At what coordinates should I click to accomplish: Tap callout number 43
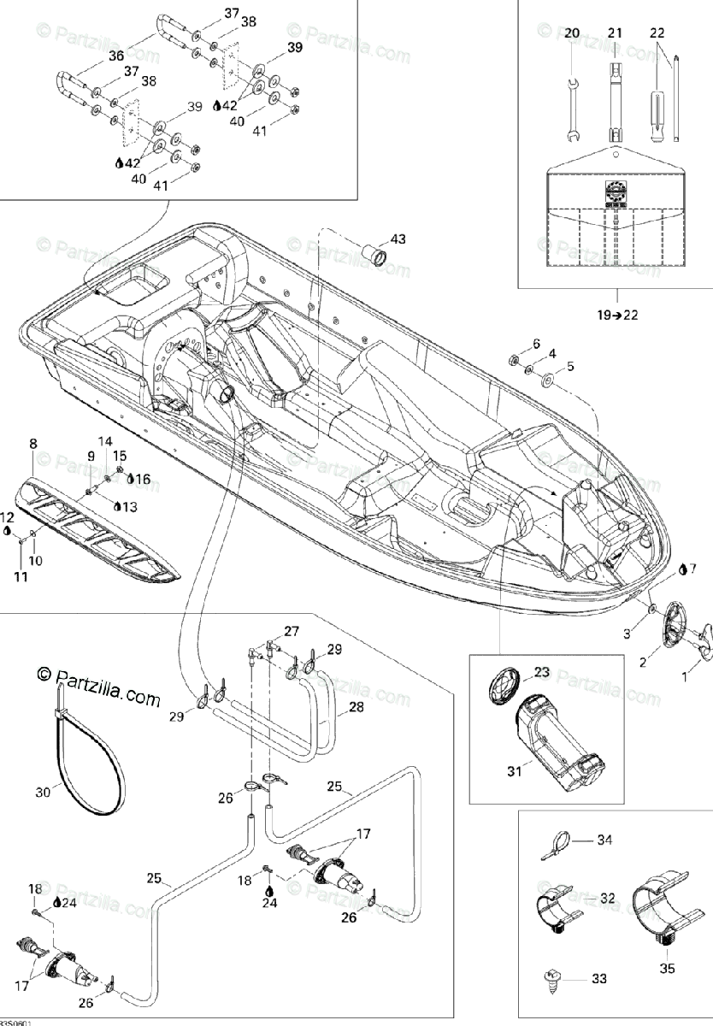pyautogui.click(x=399, y=239)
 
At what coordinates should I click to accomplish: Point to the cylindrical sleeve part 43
pyautogui.click(x=374, y=255)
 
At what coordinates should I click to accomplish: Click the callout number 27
pyautogui.click(x=292, y=632)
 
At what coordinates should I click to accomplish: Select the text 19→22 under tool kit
pyautogui.click(x=617, y=315)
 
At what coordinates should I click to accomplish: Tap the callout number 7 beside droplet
pyautogui.click(x=692, y=568)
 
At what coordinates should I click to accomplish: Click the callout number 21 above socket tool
pyautogui.click(x=615, y=32)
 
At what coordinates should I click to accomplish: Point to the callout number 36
pyautogui.click(x=116, y=56)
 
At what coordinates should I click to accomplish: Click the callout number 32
pyautogui.click(x=608, y=898)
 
